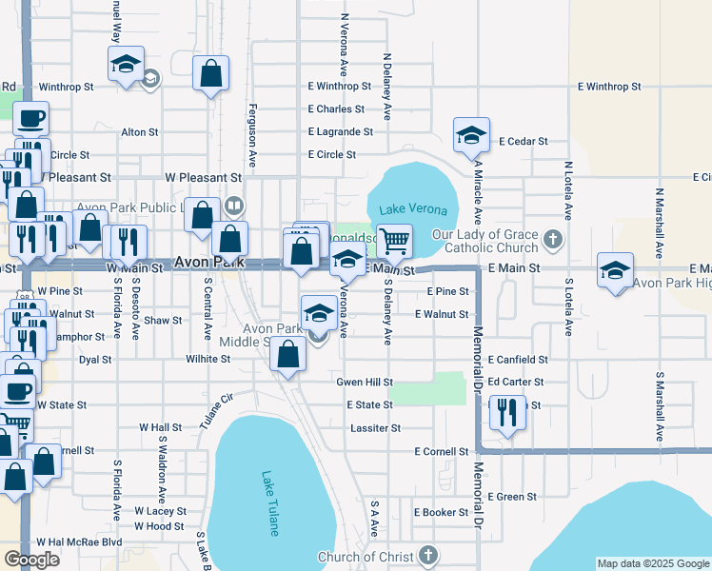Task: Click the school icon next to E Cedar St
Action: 471,136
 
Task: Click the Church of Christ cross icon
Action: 427,556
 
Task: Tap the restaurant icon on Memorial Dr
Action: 507,413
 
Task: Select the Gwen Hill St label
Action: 365,382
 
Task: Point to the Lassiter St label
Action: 375,428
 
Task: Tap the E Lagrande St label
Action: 340,132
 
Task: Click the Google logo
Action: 31,560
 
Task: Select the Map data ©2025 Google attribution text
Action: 653,563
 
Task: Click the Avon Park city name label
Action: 208,262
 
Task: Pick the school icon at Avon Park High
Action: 615,270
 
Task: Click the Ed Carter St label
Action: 515,382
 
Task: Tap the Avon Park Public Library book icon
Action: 234,205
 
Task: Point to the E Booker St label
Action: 441,512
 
